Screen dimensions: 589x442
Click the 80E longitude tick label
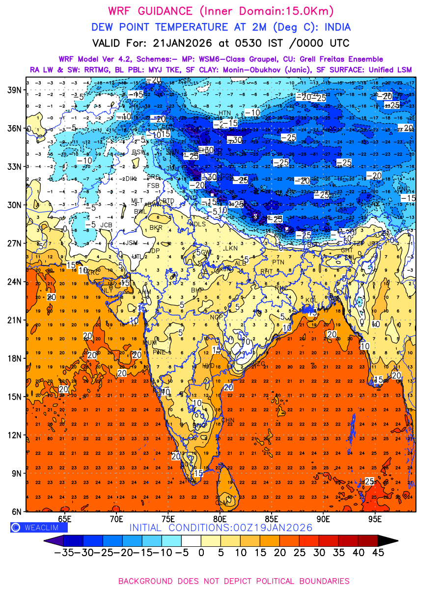(x=220, y=519)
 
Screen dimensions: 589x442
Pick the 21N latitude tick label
(x=14, y=320)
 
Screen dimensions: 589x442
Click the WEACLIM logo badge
(x=39, y=527)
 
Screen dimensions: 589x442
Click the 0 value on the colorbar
(x=201, y=552)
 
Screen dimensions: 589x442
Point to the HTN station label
(x=224, y=113)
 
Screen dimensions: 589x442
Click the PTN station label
(x=278, y=263)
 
